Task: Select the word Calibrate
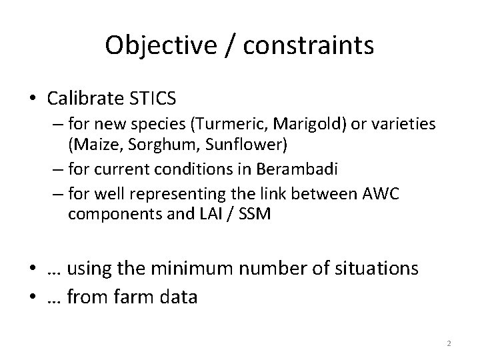point(83,100)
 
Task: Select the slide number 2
point(449,343)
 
